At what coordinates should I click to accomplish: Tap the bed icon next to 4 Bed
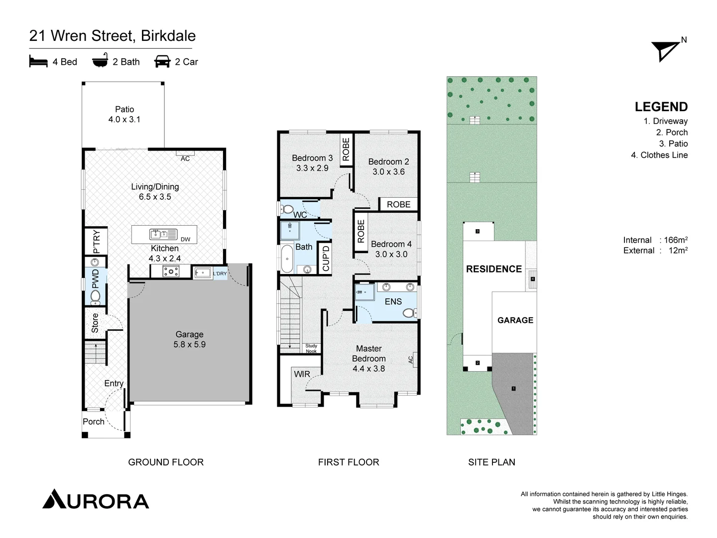pos(38,62)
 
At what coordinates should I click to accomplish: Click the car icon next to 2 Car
pos(162,61)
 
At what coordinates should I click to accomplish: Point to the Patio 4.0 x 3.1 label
pos(124,114)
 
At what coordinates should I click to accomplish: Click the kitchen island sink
pos(163,234)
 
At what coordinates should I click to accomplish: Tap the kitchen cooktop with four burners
pos(171,271)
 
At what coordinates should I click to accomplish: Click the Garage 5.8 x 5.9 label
pos(189,339)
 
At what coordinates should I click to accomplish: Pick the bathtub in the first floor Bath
pos(287,259)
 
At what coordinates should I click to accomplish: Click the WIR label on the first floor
pos(302,374)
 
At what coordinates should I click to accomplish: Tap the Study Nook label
pos(311,348)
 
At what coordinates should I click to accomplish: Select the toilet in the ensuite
pos(409,313)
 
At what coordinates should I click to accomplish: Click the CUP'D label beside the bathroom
pos(326,258)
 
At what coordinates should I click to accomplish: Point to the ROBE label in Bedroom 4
pos(361,231)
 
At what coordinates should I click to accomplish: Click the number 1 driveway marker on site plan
pos(513,389)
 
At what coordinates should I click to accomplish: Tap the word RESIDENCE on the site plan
pos(494,269)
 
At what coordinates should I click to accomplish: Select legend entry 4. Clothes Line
pos(659,155)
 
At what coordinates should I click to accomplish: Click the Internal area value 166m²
pos(676,240)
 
